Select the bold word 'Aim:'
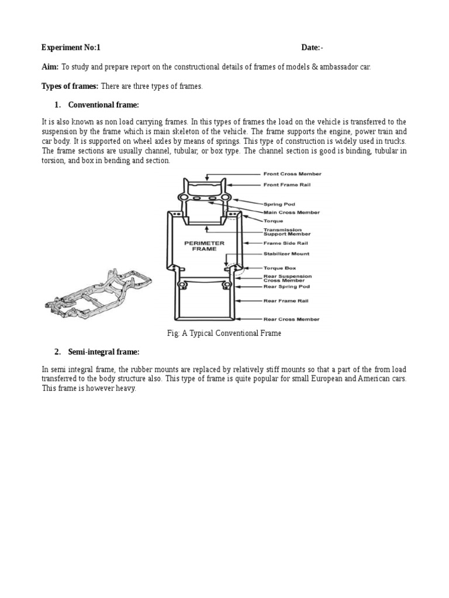(x=50, y=67)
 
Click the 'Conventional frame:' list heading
(x=103, y=105)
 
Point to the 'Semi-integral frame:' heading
(x=104, y=352)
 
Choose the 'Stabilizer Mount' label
(x=287, y=254)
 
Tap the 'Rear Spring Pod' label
(x=286, y=287)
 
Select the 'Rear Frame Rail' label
(x=286, y=301)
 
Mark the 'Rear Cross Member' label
(x=291, y=319)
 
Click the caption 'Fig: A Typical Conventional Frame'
(x=224, y=333)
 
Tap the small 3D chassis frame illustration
(x=98, y=293)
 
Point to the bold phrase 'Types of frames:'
(x=70, y=86)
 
